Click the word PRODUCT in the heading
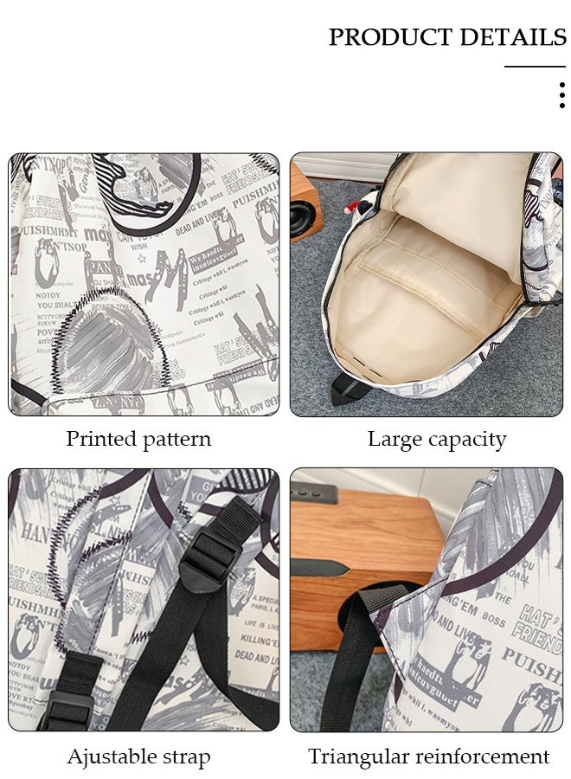pyautogui.click(x=390, y=37)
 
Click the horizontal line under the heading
pyautogui.click(x=535, y=66)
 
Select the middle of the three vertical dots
pyautogui.click(x=562, y=94)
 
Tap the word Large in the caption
pyautogui.click(x=395, y=439)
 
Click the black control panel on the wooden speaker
pyautogui.click(x=312, y=494)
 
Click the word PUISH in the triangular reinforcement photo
pyautogui.click(x=528, y=668)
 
